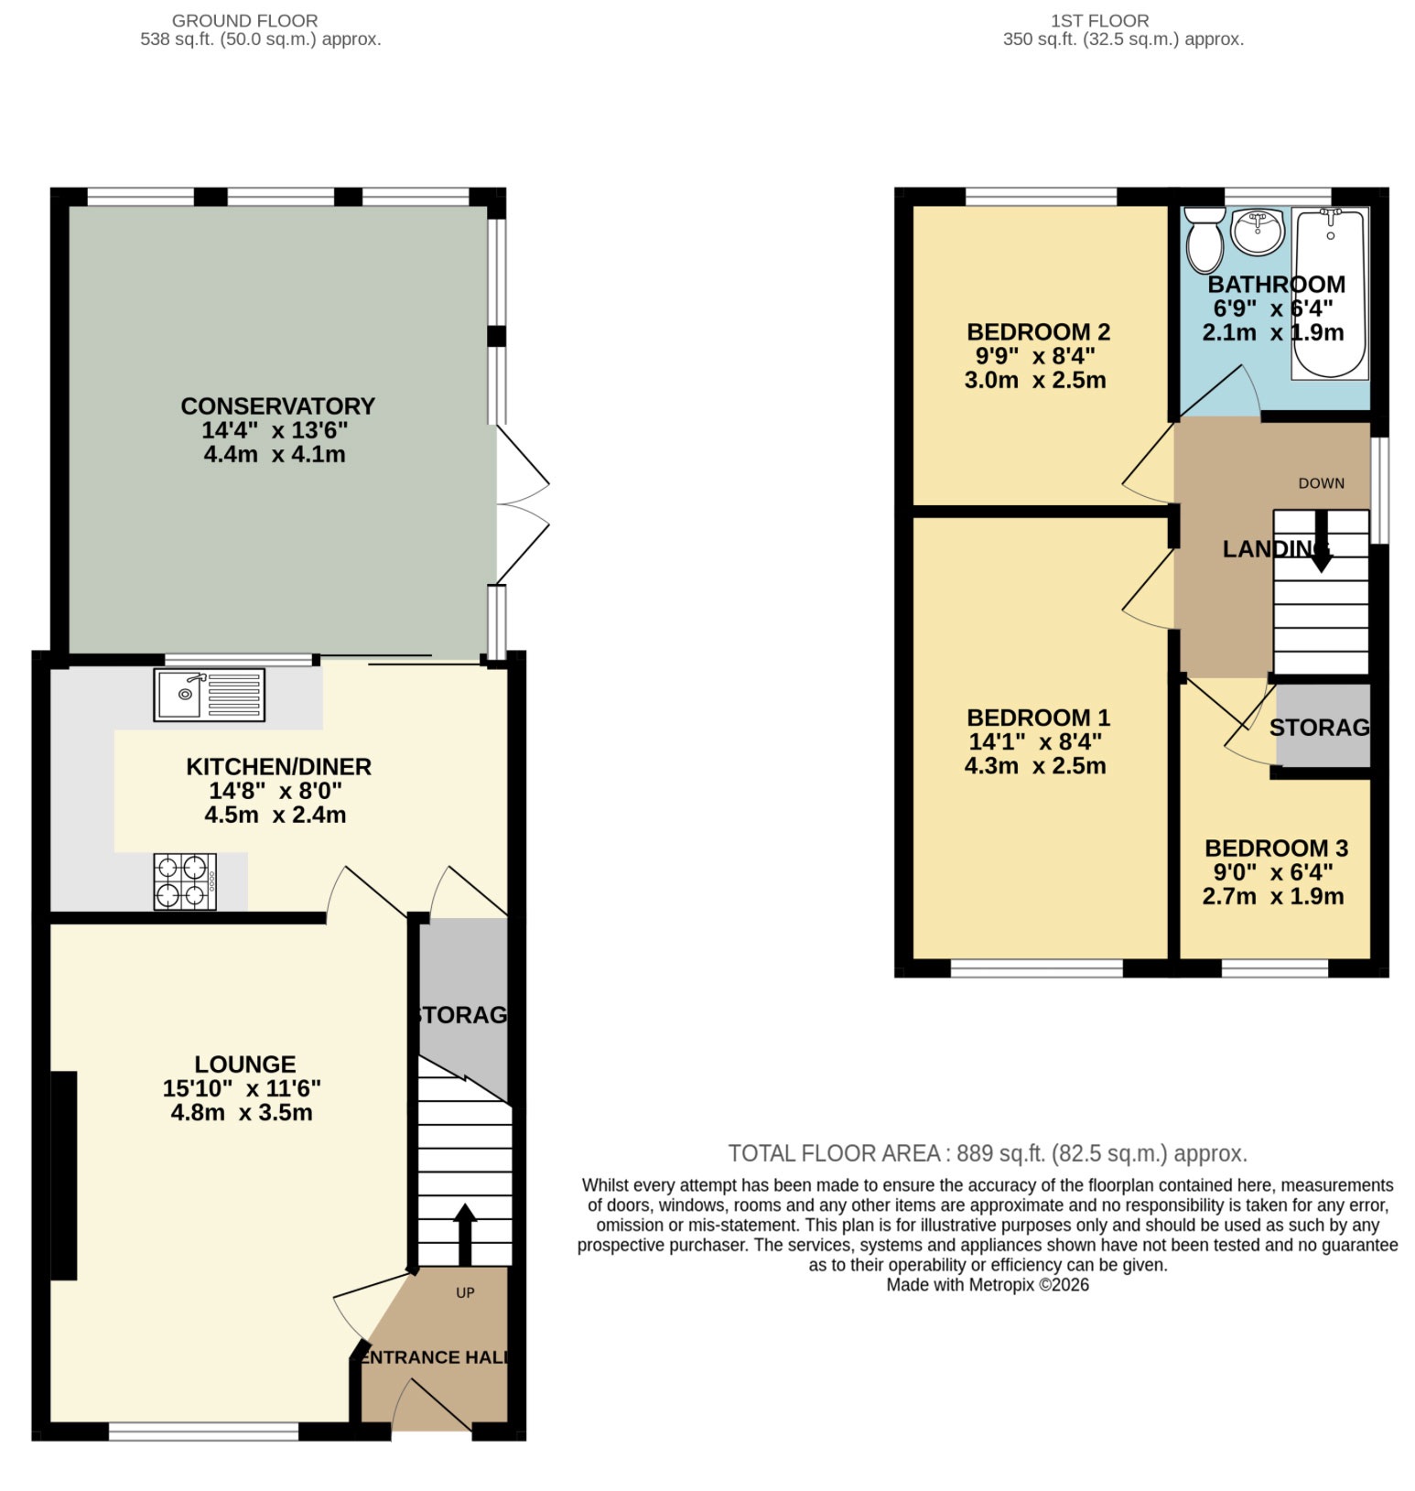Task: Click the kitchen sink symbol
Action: (x=209, y=695)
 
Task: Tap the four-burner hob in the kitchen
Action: (x=185, y=881)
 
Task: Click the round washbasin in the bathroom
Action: (x=1258, y=232)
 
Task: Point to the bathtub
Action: (x=1330, y=293)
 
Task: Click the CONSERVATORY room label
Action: (x=277, y=405)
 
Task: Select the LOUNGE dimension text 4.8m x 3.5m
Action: (x=242, y=1112)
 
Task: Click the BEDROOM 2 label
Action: (x=1038, y=331)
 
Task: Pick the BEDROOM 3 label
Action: (x=1276, y=848)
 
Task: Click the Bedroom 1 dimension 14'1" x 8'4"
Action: (x=1035, y=741)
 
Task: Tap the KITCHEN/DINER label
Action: (x=278, y=766)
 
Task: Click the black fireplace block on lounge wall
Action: (x=63, y=1174)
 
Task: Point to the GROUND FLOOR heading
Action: (x=244, y=20)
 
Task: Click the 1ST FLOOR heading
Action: (x=1099, y=20)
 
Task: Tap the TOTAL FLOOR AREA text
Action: (x=987, y=1153)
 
